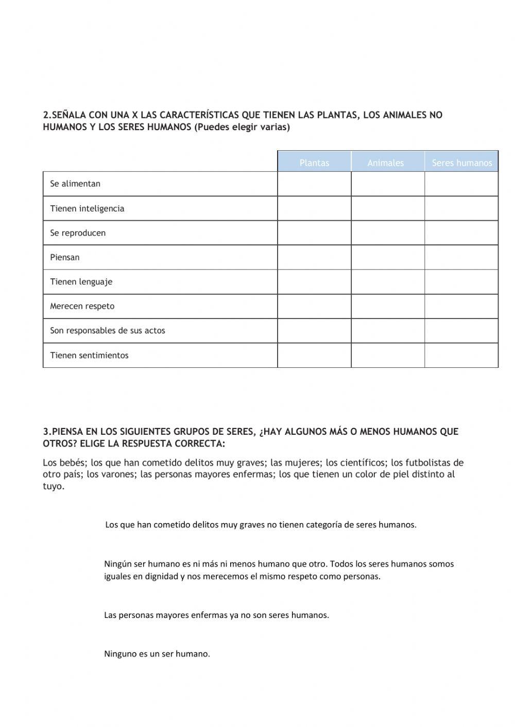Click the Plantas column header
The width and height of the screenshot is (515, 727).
314,163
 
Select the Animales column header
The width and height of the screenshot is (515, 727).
385,163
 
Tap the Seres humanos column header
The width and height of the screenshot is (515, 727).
461,163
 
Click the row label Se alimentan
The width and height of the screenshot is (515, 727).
75,184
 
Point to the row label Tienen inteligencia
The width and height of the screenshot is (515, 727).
87,208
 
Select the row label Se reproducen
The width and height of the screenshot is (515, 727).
78,233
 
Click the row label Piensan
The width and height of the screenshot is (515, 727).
65,257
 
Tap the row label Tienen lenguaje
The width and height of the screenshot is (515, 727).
81,281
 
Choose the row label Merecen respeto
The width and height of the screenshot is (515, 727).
82,306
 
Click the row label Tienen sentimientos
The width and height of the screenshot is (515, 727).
89,355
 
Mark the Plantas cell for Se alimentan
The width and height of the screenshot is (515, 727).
314,184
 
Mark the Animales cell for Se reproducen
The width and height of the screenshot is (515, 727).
388,233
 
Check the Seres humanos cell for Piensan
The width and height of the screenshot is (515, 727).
461,257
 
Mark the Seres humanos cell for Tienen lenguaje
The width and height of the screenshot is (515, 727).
461,281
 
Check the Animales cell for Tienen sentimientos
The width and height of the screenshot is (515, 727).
388,355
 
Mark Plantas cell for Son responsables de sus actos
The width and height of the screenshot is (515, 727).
314,330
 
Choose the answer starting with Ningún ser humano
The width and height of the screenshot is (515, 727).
279,570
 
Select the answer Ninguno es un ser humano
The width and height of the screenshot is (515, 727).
157,654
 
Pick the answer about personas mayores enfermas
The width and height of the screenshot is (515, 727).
216,615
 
